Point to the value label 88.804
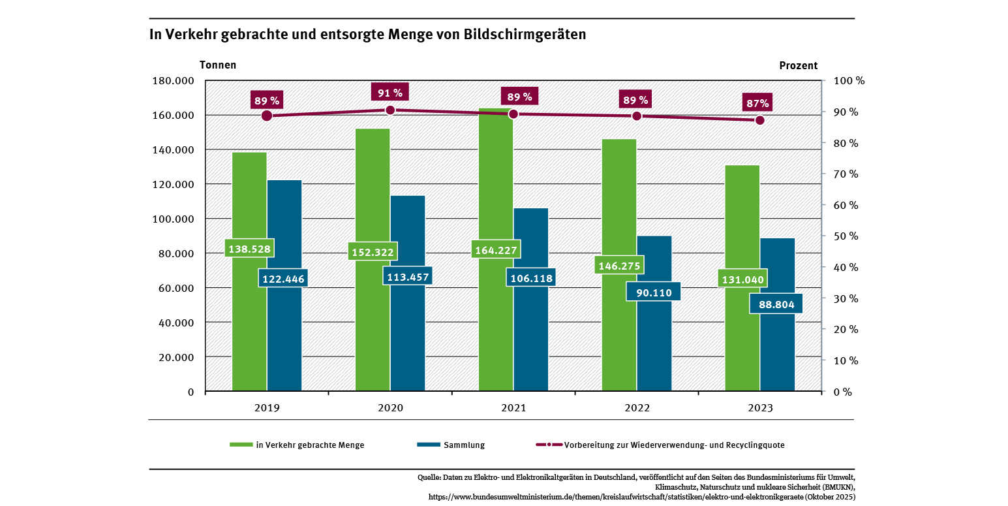point(776,304)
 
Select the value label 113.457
point(407,276)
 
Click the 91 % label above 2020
point(390,93)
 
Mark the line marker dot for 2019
point(267,116)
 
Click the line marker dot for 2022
point(637,116)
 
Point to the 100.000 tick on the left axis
point(172,219)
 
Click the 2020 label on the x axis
point(390,408)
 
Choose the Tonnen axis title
point(218,65)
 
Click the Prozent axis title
point(798,65)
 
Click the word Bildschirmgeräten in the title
point(525,35)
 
